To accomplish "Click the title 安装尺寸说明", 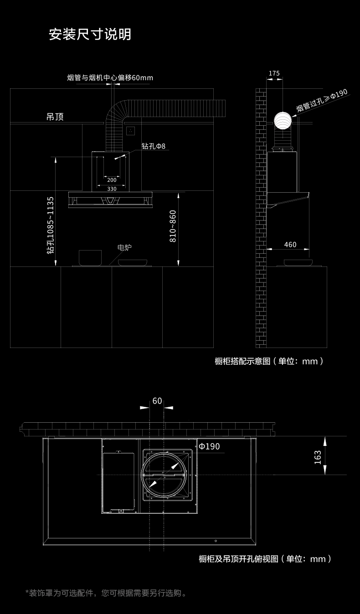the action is (90, 34).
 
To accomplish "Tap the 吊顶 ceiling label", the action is (55, 117).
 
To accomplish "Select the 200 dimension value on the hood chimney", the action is (112, 180).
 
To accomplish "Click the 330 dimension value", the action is (112, 189).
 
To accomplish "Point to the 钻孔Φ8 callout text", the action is (154, 146).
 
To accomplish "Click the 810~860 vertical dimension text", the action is (173, 226).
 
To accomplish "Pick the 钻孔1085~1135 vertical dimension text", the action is (51, 225).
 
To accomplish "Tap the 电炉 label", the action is (124, 247).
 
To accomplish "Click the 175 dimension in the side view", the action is (274, 73).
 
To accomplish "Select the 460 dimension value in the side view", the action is (290, 245).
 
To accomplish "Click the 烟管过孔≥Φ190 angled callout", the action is (322, 100).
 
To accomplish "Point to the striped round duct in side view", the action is (283, 121).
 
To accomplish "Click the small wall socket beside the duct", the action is (130, 131).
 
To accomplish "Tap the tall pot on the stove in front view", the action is (90, 258).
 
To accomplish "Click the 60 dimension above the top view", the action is (157, 401).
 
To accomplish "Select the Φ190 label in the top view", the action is (209, 446).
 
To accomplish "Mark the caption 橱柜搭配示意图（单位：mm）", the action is (269, 361).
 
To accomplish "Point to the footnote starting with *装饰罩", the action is (106, 593).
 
